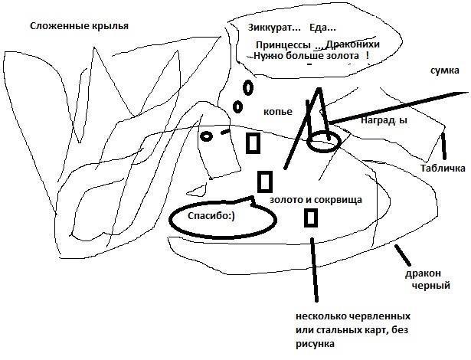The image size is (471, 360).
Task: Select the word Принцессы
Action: tap(283, 45)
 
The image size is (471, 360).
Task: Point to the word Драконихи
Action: tap(353, 44)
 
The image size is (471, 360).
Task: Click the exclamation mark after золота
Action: tap(368, 55)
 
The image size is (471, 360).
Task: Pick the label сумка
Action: tap(445, 70)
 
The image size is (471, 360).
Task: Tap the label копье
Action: tap(278, 112)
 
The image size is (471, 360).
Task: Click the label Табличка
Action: tap(443, 168)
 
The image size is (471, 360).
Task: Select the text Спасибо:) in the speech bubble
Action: tap(211, 216)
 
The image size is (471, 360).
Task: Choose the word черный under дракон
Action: tap(430, 285)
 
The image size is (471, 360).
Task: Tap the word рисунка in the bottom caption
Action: tap(315, 344)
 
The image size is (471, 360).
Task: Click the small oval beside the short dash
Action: tap(206, 136)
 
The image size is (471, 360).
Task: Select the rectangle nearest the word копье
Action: tap(253, 143)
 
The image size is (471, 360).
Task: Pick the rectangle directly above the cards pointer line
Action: tap(311, 218)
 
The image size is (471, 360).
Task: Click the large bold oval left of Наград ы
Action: tap(324, 142)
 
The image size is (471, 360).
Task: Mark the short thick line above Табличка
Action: tap(443, 146)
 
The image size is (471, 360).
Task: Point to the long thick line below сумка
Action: tap(399, 107)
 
